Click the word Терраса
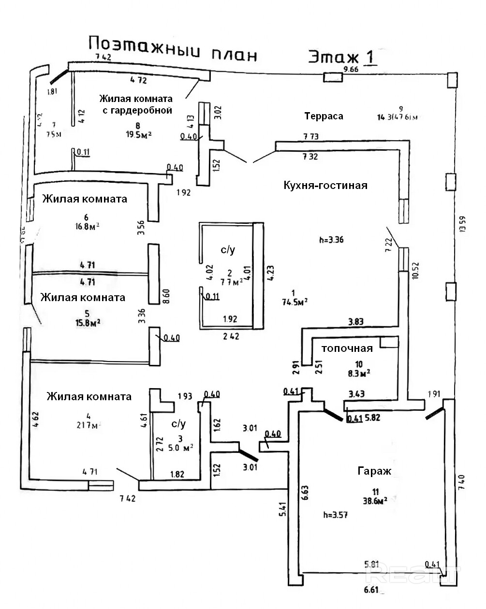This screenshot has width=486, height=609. [x=324, y=116]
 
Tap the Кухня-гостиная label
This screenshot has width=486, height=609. [x=325, y=186]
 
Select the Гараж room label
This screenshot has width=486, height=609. [x=374, y=471]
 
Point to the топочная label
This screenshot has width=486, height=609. [x=347, y=348]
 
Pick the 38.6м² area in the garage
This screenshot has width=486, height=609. [x=375, y=502]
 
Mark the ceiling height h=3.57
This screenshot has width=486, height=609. [x=336, y=515]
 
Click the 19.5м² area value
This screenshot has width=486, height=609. [x=137, y=134]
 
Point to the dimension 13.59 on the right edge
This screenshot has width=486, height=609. [x=463, y=224]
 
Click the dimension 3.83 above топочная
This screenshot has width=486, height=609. [x=356, y=321]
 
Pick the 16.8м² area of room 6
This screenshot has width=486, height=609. [x=88, y=226]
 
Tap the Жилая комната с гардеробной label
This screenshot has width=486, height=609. [x=135, y=104]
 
